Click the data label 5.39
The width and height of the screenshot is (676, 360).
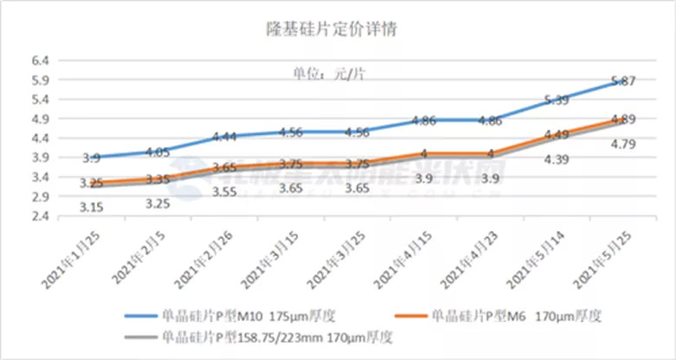pyautogui.click(x=557, y=100)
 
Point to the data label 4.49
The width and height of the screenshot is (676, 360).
pyautogui.click(x=557, y=135)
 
